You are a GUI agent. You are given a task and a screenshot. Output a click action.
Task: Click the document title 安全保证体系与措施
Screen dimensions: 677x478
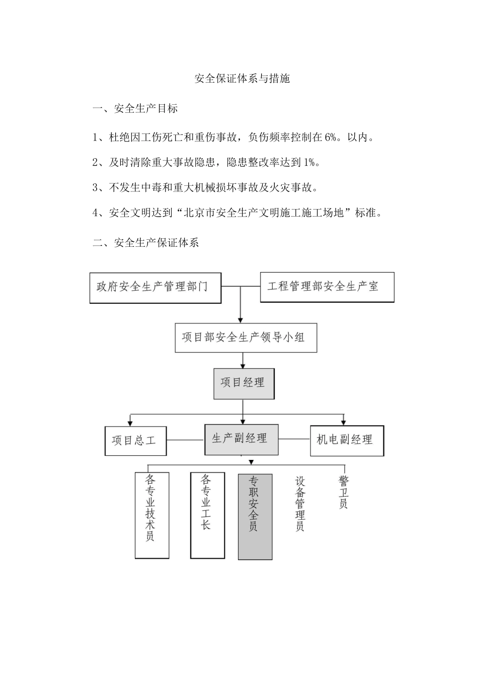click(242, 79)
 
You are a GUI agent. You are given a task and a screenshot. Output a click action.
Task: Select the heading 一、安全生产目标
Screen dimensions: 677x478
click(135, 108)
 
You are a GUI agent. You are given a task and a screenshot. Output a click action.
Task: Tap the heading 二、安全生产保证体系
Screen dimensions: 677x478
click(146, 242)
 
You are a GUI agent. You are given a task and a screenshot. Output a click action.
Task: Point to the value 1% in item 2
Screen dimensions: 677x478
click(309, 162)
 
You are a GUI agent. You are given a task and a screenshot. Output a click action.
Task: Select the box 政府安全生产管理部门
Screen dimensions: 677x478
click(155, 288)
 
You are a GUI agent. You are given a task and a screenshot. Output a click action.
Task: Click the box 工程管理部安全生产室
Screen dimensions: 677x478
click(327, 287)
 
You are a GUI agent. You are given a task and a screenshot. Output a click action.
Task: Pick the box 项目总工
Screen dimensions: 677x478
click(135, 441)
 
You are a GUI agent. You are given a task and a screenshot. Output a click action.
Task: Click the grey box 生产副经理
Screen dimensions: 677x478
click(242, 439)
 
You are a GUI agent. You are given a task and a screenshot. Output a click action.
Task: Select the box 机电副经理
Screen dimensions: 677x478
click(347, 440)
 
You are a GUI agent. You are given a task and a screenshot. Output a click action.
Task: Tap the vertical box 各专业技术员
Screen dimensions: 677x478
click(151, 515)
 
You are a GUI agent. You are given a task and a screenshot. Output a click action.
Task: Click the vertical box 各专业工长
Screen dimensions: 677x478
click(207, 515)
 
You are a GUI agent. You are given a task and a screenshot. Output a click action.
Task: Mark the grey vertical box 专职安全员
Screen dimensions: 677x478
click(255, 516)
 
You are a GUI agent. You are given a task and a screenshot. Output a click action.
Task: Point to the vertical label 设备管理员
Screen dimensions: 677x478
click(300, 504)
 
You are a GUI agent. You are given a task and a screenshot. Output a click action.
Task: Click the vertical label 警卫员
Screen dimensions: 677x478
click(344, 491)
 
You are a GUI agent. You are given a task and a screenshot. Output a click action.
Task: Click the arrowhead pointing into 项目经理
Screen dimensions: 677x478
click(244, 365)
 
